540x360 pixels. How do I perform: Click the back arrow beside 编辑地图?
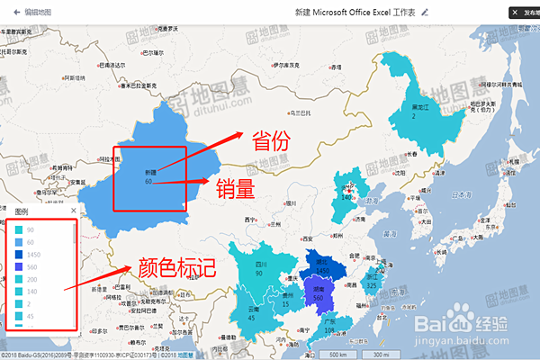pos(16,13)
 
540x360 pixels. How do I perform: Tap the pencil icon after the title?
pos(425,13)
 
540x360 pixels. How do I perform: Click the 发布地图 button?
pos(525,13)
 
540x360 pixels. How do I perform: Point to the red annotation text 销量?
pos(236,188)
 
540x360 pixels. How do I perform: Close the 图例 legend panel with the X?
pos(71,211)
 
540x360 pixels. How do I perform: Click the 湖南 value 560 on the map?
pos(318,298)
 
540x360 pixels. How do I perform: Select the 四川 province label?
pos(260,265)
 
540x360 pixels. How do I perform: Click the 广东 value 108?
pos(329,330)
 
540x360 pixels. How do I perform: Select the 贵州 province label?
pos(287,294)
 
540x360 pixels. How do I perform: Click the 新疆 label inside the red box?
pos(150,171)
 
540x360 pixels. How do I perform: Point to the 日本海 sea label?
pos(462,193)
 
